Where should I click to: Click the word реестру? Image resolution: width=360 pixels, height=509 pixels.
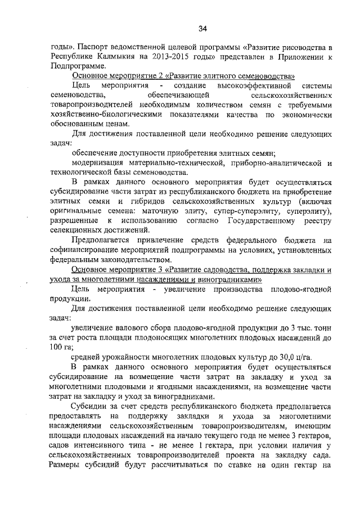coord(316,220)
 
